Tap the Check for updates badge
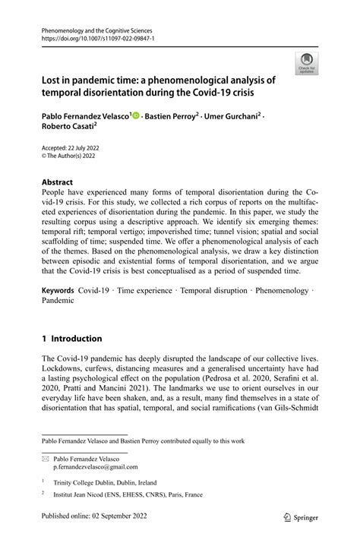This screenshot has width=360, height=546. [x=307, y=64]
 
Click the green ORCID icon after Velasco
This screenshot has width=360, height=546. [x=136, y=116]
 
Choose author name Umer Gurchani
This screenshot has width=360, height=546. [x=232, y=117]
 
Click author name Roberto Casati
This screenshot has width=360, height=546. [x=68, y=129]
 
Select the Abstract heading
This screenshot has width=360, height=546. [x=58, y=182]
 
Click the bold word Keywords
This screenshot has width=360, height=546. [x=58, y=290]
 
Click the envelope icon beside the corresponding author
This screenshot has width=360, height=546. [x=46, y=458]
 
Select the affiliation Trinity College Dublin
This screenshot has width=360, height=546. [x=85, y=481]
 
